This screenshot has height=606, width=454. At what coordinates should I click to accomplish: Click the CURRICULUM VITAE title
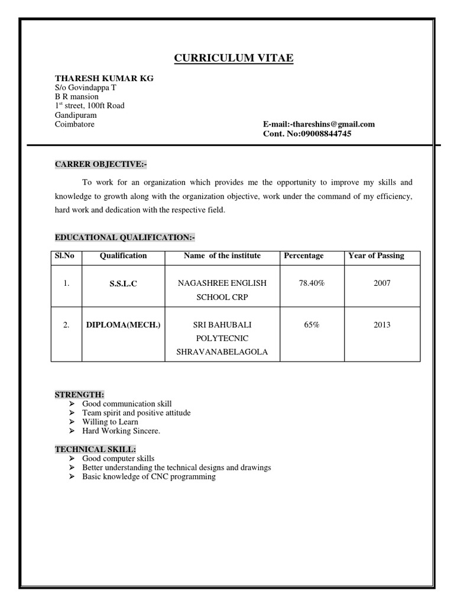(x=233, y=57)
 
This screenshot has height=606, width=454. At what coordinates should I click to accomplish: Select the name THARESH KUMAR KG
(x=104, y=78)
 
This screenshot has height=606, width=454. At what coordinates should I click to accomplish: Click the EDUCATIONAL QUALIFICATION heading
(x=124, y=237)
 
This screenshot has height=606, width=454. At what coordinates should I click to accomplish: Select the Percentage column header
(x=304, y=256)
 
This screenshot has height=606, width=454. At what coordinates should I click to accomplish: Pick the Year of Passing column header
(x=376, y=256)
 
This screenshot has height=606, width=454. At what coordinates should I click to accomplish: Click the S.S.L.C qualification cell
(x=123, y=284)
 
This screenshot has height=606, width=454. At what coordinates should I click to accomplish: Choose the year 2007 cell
(x=382, y=283)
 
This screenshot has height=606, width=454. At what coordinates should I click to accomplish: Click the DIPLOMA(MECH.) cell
(x=123, y=325)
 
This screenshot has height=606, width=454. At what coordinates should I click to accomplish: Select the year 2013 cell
(x=382, y=325)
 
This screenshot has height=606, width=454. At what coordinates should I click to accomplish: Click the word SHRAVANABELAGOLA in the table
(x=222, y=352)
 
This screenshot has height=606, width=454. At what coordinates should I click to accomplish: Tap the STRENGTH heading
(x=79, y=394)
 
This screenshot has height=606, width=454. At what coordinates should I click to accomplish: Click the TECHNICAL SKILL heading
(x=95, y=449)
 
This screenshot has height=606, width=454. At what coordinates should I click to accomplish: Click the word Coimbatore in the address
(x=74, y=124)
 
